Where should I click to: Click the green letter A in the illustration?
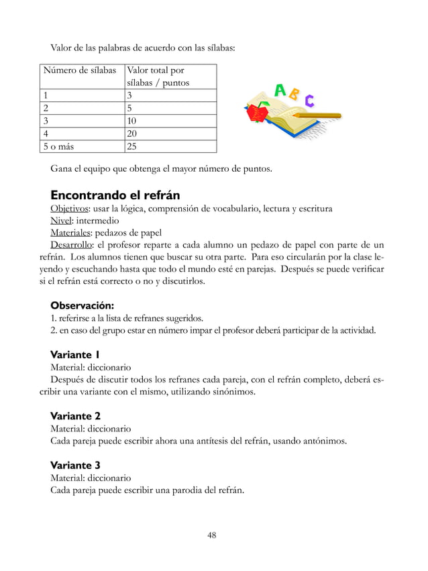(280, 91)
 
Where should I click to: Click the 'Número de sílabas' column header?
(78, 70)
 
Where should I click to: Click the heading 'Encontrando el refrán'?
(115, 195)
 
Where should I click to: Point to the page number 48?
(211, 535)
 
